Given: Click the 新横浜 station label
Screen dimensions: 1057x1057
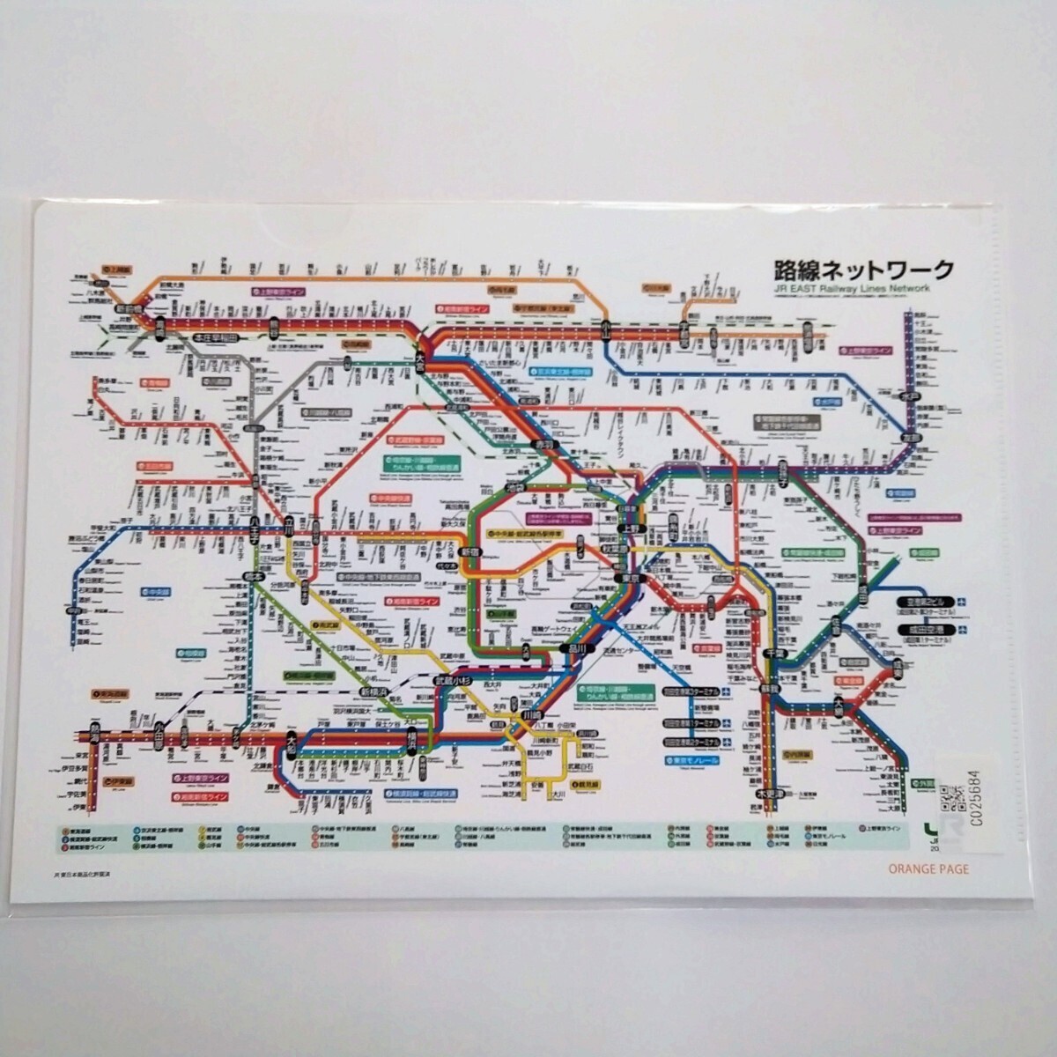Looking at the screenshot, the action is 375,692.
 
